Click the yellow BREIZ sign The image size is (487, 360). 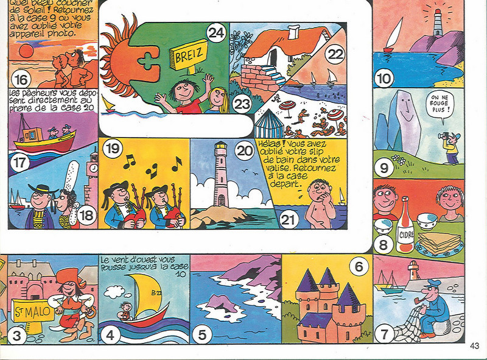coord(189,55)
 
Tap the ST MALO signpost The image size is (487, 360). coord(32,311)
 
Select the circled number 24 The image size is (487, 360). coord(216,33)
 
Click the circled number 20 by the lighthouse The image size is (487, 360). coord(245,151)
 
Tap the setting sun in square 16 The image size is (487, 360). coord(26,51)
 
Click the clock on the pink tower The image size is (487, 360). coord(94,169)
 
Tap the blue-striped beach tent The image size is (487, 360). coord(269,124)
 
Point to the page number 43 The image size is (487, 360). coord(474,346)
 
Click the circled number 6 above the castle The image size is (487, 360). coord(358,267)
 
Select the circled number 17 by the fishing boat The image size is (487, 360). coord(19,163)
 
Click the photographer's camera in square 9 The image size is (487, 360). coord(443,136)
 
